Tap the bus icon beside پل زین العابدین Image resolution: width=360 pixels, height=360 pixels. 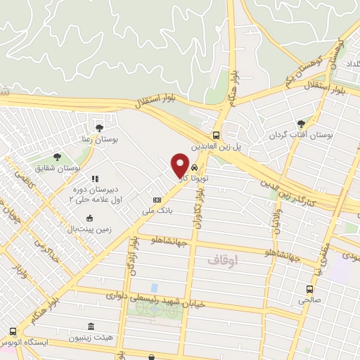point(217,135)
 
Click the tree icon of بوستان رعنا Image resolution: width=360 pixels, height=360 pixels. point(98,127)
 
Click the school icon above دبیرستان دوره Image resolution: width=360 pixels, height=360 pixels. point(94,179)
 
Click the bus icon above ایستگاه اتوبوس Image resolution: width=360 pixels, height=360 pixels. point(13,331)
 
